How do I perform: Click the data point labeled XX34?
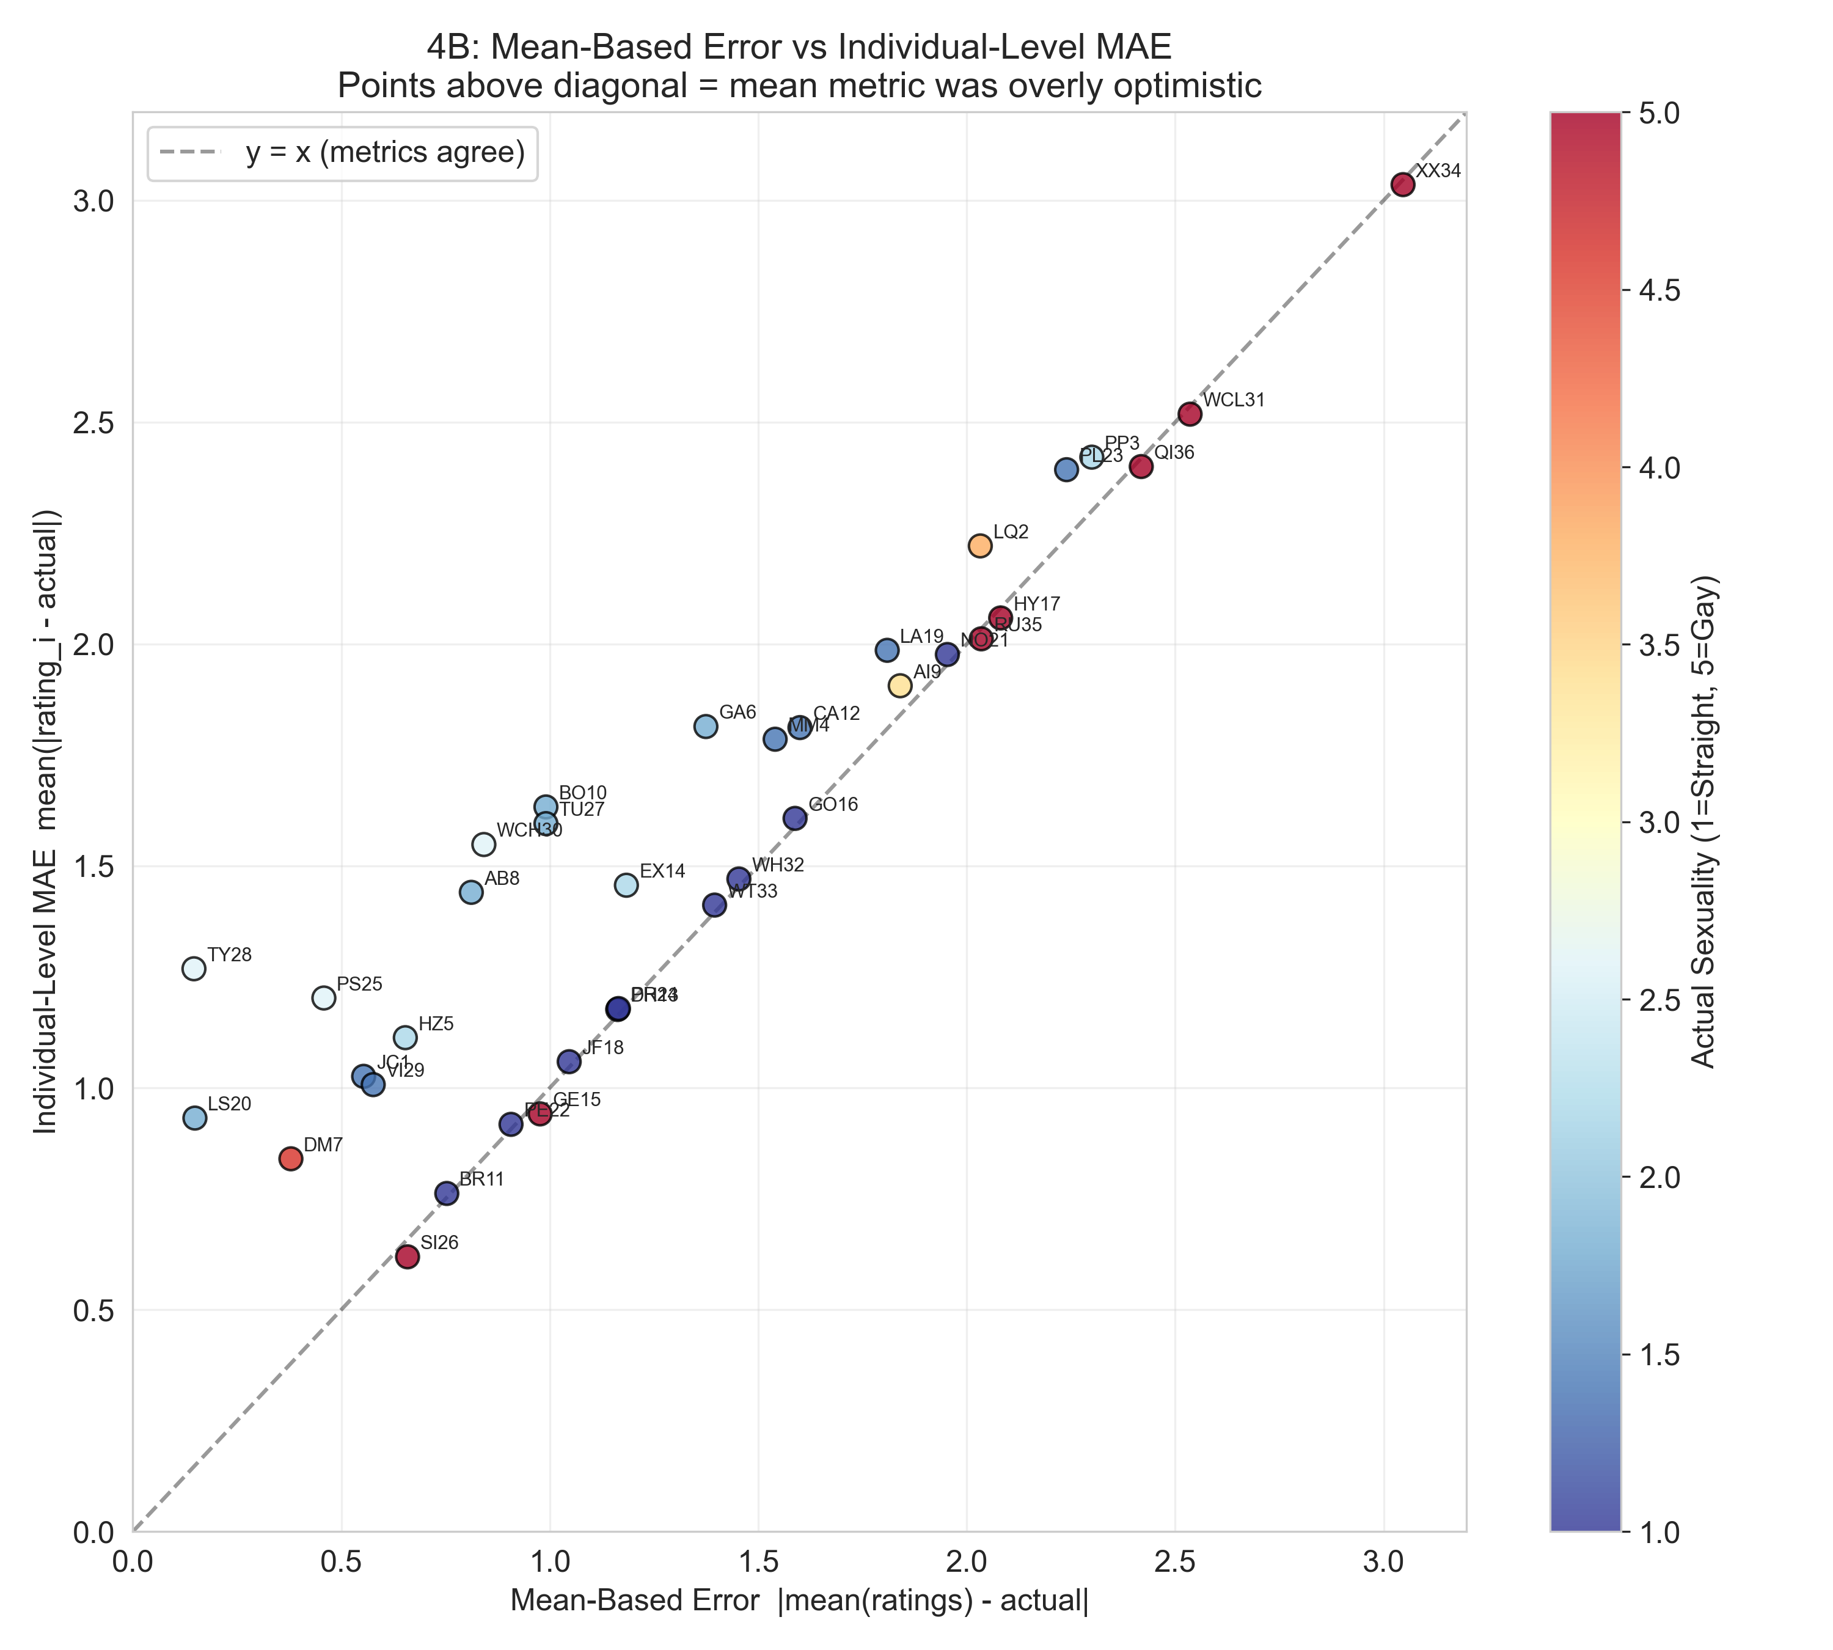click(x=1402, y=185)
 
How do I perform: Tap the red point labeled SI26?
click(x=408, y=1256)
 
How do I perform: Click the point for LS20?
click(x=195, y=1118)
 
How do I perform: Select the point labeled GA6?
click(x=705, y=726)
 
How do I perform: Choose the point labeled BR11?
click(x=446, y=1193)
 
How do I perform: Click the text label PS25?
click(x=360, y=985)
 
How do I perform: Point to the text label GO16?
click(x=833, y=805)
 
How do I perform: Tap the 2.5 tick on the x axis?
click(x=1175, y=1561)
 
